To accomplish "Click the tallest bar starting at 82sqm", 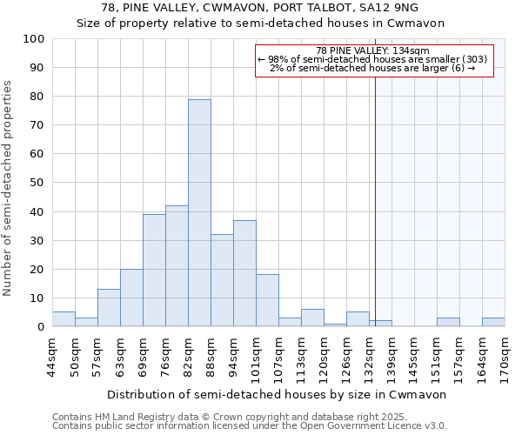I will [x=199, y=213].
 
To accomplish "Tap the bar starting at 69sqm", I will [x=154, y=271].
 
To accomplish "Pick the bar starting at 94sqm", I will [x=244, y=273].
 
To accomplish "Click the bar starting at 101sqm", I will [x=267, y=301].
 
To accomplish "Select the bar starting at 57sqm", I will [x=109, y=308].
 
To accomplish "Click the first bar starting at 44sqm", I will [x=64, y=319].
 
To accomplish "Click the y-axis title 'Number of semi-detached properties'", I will [x=9, y=188].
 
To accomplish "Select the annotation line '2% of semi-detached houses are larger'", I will [x=372, y=68].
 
